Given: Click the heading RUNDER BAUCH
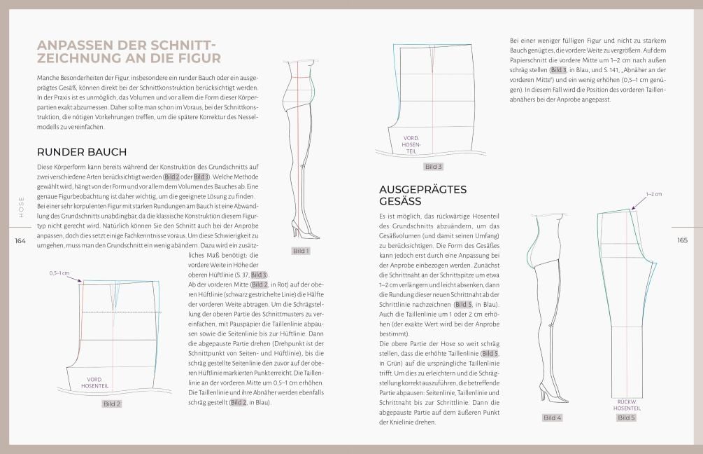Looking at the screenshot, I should coord(81,152).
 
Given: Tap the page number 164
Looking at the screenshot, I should coord(20,240).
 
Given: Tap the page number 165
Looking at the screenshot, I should coord(683,240).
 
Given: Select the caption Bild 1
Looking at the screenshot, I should coord(301,251).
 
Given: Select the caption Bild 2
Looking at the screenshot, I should coord(112,404).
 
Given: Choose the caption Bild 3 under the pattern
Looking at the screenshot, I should coord(434,167).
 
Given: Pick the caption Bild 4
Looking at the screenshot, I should coord(552,418).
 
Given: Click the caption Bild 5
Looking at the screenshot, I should coord(626,418).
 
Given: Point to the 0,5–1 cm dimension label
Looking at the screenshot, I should coord(59,273).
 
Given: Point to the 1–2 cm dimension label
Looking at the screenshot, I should coord(653,194).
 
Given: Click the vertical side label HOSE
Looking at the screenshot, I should coord(21,207).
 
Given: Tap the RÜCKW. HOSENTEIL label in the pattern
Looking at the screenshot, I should coord(626,404).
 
